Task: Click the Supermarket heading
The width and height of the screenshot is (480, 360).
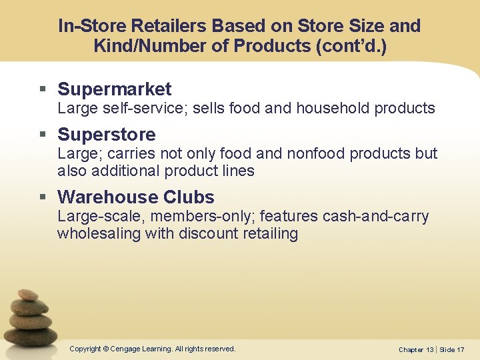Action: point(114,89)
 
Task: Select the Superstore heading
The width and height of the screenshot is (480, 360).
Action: point(107,135)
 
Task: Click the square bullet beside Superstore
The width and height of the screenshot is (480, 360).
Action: point(43,135)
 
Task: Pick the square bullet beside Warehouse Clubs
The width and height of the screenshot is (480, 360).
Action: point(43,198)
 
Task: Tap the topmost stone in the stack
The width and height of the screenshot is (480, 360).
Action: point(28,294)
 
